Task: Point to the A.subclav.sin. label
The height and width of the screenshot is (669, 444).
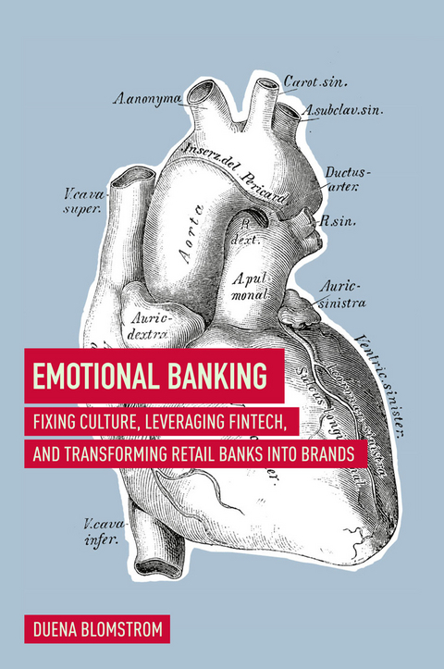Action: tap(344, 110)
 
